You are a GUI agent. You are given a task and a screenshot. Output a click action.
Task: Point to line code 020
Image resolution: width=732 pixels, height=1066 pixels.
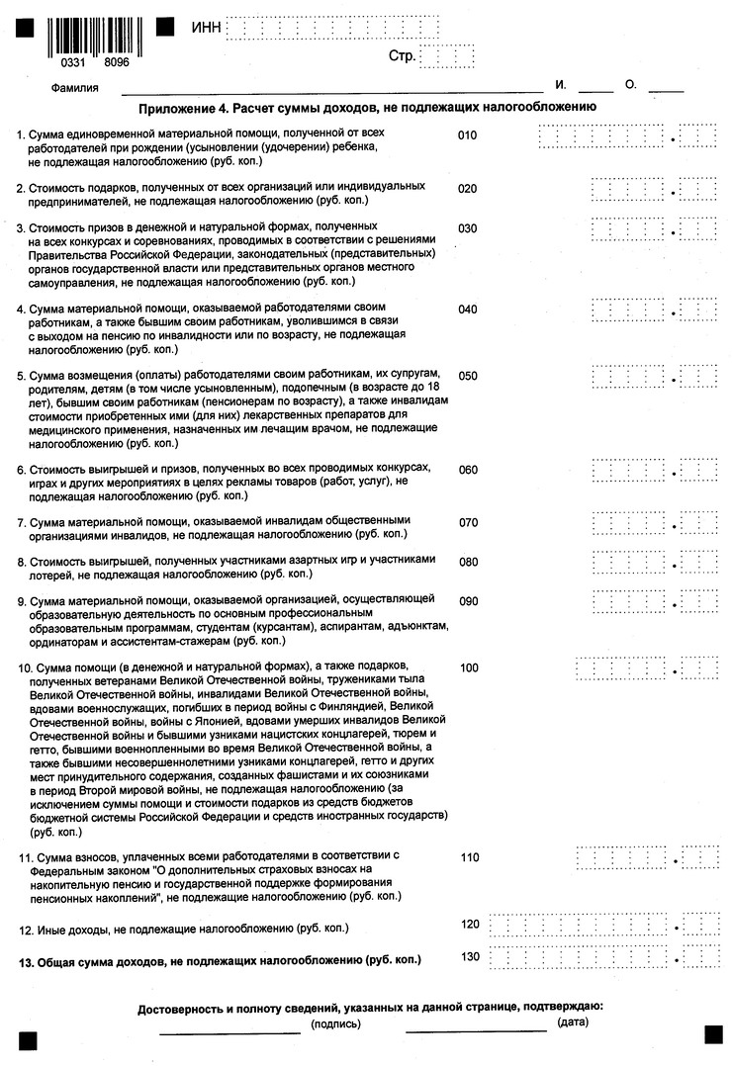pos(468,188)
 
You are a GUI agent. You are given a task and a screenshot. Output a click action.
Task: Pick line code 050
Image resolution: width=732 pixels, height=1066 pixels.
pos(468,376)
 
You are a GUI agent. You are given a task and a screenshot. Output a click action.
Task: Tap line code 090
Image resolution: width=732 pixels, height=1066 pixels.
pos(468,601)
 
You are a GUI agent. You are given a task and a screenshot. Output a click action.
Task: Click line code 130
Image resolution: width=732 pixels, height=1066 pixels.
pos(471,956)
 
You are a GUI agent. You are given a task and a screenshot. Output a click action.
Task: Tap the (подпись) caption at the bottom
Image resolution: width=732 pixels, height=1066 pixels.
pos(335,1024)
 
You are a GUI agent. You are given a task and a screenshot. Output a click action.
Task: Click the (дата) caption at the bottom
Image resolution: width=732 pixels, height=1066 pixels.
pos(573,1021)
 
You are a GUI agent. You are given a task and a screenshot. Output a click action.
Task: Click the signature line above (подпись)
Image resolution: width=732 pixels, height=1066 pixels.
pos(229,1032)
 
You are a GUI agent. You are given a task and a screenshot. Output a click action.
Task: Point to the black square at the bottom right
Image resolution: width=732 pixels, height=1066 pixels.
pos(713,1034)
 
